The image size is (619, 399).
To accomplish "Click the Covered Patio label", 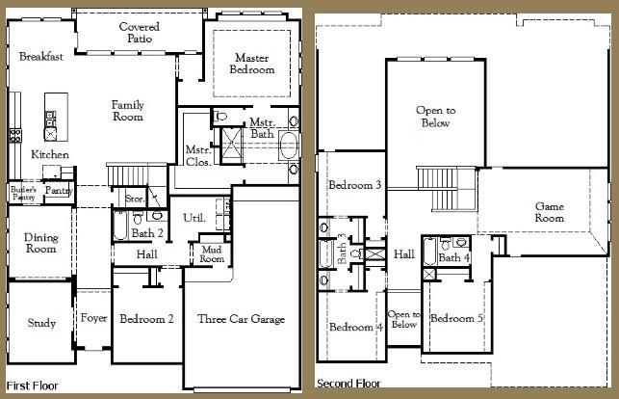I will [x=140, y=33].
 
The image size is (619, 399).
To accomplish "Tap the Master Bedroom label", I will [x=252, y=64].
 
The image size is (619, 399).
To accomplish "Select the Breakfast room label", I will [x=41, y=57].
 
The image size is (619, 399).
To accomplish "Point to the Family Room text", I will [x=127, y=111].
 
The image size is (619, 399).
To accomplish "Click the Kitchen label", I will [x=49, y=155].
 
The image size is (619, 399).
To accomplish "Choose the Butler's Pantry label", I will [x=23, y=193].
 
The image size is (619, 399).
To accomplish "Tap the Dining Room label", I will [x=41, y=243].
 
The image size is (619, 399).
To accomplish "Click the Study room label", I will [x=41, y=324].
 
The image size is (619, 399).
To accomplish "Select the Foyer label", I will [x=93, y=319].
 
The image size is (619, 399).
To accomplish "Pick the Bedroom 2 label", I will [x=145, y=319].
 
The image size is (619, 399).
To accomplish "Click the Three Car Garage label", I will [x=241, y=319].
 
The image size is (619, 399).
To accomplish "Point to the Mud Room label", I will [x=212, y=254].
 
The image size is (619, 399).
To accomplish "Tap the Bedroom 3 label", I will [x=355, y=185].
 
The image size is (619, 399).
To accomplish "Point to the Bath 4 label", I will [x=454, y=257].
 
